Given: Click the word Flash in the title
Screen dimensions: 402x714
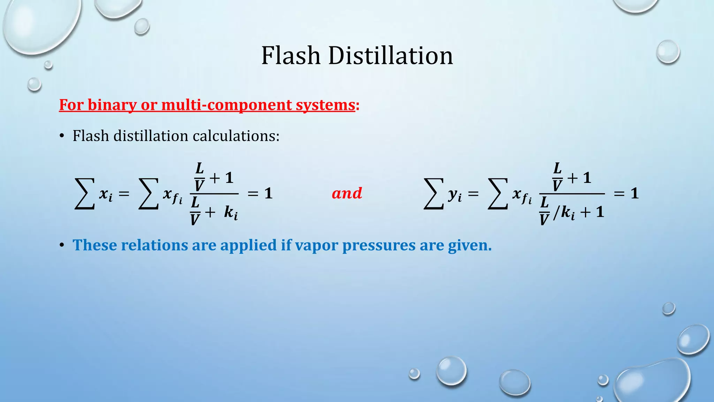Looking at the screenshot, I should tap(291, 56).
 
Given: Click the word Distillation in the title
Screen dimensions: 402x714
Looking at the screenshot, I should tap(390, 56).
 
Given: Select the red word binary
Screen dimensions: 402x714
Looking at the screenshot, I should tap(112, 105).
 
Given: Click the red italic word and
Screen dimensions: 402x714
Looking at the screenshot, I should tap(347, 193).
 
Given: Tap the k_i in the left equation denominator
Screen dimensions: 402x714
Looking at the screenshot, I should tap(231, 213).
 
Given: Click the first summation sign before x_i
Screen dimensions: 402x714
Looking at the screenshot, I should tap(85, 194).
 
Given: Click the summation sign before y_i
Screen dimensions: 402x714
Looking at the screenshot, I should tap(433, 194).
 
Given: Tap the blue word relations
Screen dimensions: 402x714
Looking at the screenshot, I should tap(154, 245).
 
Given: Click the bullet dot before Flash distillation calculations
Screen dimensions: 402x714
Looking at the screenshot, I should tap(62, 136).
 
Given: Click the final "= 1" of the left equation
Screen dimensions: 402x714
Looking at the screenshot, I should tap(260, 193).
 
